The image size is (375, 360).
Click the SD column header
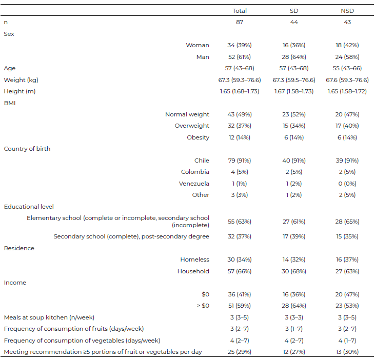coord(294,11)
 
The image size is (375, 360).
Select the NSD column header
coord(347,11)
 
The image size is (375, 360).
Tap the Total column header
coord(240,11)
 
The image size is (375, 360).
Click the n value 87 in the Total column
coord(240,22)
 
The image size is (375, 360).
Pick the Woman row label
coord(198,45)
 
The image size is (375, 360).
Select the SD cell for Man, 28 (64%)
coord(294,57)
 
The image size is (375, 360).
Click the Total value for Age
coord(240,68)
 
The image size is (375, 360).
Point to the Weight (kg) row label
coord(21,80)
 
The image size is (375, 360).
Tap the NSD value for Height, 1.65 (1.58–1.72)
coord(347,91)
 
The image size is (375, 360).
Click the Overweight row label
coord(192,126)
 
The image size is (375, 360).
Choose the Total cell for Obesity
coord(240,137)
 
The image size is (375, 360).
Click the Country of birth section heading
coord(27,149)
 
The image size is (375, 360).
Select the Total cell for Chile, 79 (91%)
coord(240,161)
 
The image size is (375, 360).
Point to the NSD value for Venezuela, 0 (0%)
coord(347,184)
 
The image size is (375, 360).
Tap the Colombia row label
coord(195,172)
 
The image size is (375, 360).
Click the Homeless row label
coord(194,259)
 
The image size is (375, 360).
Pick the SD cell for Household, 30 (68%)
coord(294,271)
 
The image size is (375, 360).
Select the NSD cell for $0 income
coord(347,294)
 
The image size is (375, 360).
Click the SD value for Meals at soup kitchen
coord(294,317)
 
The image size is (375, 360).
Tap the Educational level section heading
coord(29,207)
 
